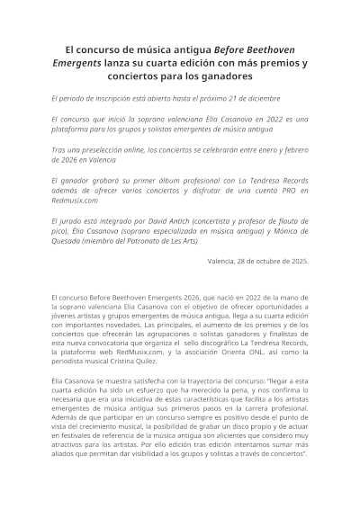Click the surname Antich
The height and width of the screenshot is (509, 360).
191,219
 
